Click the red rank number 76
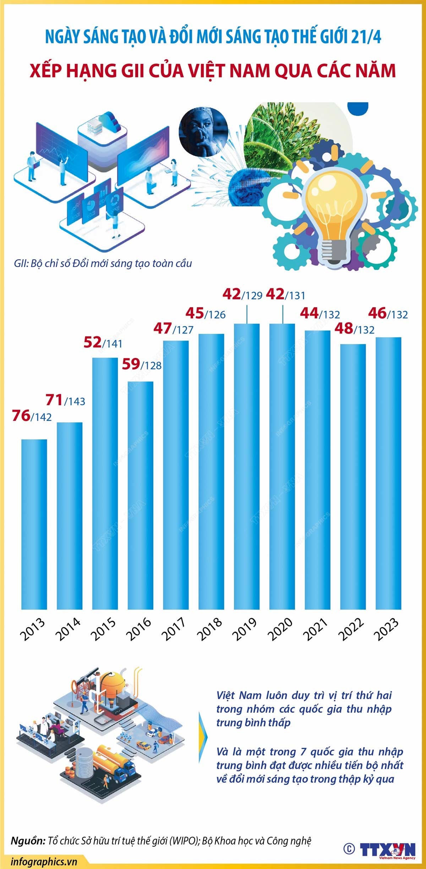point(21,416)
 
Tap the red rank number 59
point(131,364)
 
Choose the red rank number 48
point(344,329)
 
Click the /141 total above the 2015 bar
point(113,344)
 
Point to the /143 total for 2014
point(75,401)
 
